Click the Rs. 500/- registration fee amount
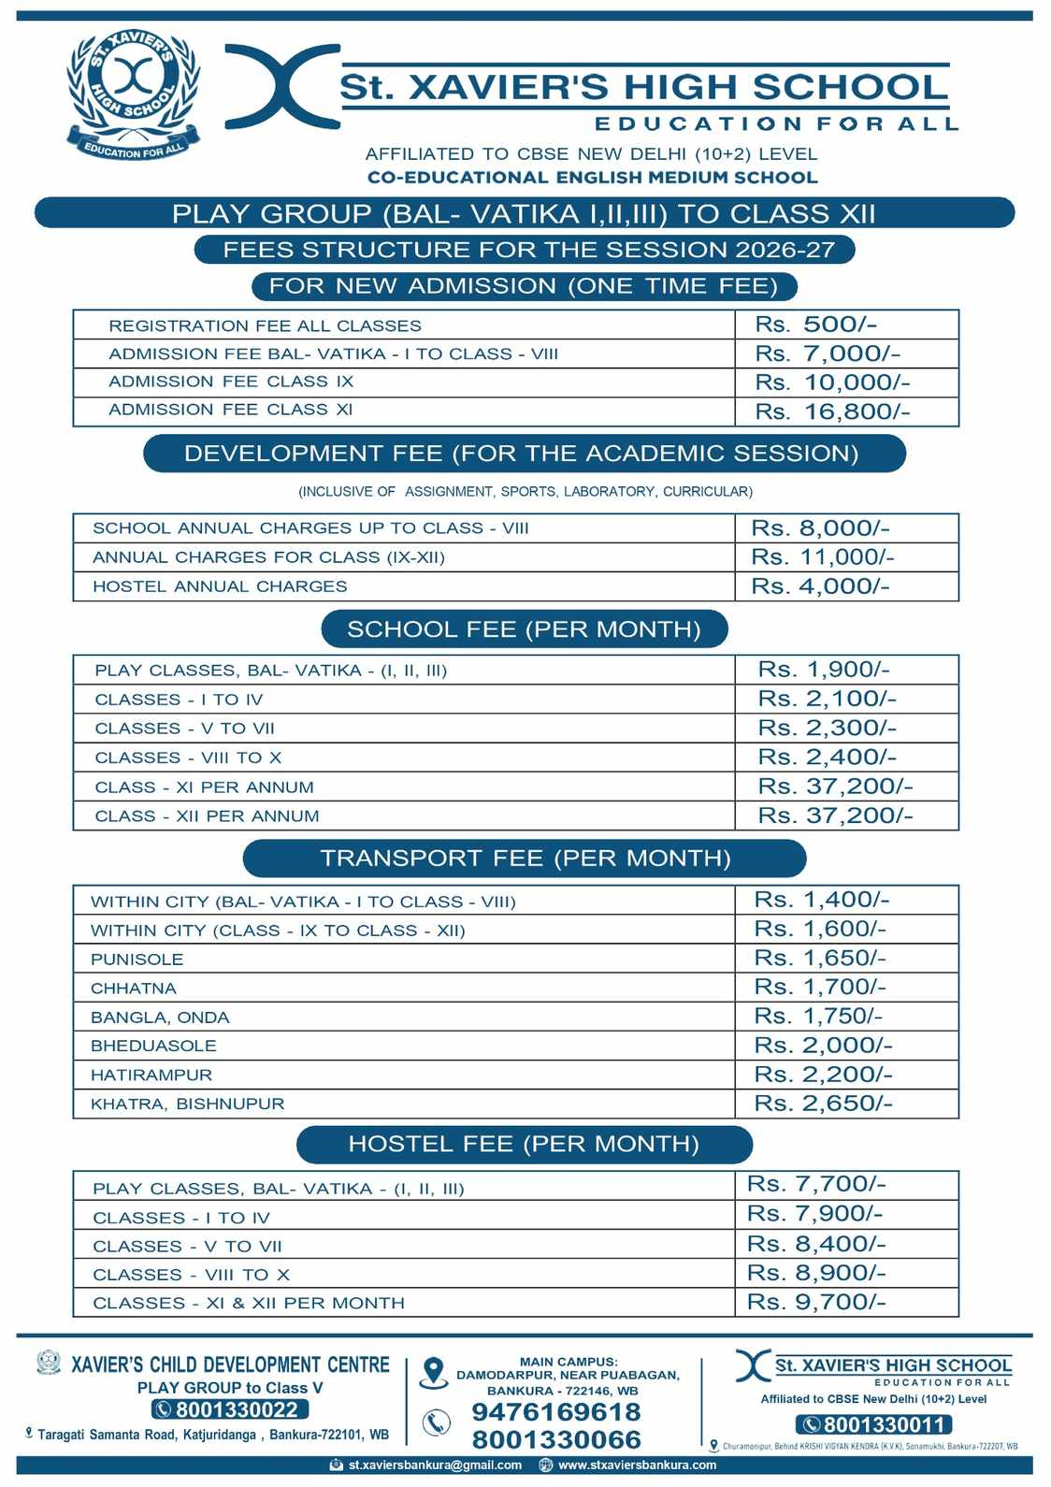point(815,325)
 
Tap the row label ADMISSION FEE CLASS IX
point(231,382)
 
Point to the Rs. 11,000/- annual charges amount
point(822,557)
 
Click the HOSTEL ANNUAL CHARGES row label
point(220,586)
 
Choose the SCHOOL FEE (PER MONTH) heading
point(524,629)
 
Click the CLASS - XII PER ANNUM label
point(207,816)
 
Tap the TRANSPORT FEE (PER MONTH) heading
point(525,859)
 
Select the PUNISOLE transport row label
point(137,960)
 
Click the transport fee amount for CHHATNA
point(820,987)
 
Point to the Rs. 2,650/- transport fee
point(823,1104)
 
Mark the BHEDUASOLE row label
point(153,1046)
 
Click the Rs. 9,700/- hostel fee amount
point(815,1302)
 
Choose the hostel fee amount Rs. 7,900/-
point(814,1214)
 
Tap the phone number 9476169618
point(555,1411)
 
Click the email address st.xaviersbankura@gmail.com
point(435,1465)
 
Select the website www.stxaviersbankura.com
point(637,1465)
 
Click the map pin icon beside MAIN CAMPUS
point(433,1372)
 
